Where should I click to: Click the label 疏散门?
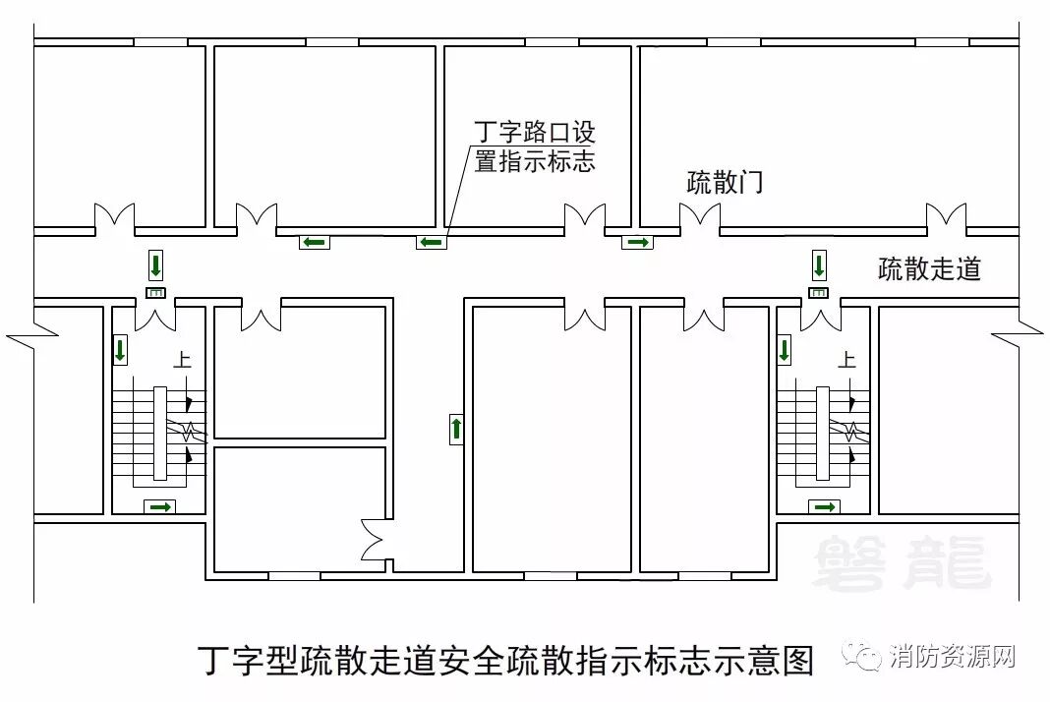pos(725,183)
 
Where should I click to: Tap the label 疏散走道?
pos(929,268)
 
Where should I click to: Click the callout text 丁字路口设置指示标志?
pos(535,146)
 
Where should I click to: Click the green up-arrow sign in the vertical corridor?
pos(456,429)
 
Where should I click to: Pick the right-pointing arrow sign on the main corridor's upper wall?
pos(637,242)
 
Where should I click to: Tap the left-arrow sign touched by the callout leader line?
pos(431,242)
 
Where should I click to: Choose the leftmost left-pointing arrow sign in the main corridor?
pos(314,242)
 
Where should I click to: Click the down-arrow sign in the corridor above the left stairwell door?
pos(156,265)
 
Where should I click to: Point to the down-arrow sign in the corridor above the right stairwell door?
pos(819,265)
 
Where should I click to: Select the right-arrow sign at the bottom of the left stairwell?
pos(159,507)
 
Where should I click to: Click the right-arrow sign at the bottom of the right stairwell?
pos(824,507)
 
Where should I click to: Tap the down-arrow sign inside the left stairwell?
pos(121,350)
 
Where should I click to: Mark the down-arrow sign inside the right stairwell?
pos(785,350)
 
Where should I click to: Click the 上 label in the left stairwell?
pos(182,361)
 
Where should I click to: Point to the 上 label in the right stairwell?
pos(846,361)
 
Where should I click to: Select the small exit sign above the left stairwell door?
pos(156,293)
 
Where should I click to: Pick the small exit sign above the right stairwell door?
pos(819,293)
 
